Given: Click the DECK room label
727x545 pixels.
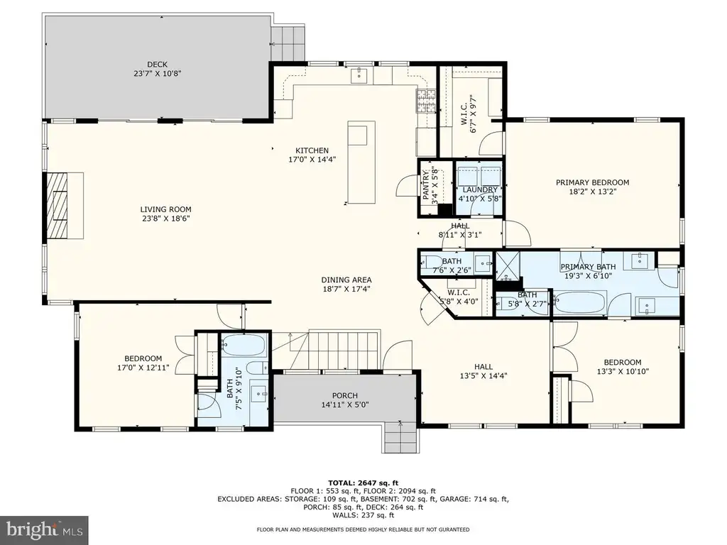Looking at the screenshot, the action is (157, 65).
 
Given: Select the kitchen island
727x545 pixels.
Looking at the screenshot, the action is (361, 163).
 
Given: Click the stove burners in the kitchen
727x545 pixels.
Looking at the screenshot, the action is (426, 101).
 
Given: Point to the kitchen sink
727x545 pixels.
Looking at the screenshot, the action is (359, 75).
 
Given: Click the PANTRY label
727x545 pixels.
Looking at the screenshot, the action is (425, 185).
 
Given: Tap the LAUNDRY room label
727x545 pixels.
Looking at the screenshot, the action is (480, 189).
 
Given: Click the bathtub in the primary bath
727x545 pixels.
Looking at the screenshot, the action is (579, 302).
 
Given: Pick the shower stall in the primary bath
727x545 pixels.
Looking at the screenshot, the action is (508, 266).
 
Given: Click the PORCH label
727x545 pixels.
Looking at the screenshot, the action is (345, 395).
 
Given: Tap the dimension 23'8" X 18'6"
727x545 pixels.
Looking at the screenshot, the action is (166, 219).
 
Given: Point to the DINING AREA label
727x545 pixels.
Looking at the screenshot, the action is (346, 280).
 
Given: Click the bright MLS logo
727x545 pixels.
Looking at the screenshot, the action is (45, 529).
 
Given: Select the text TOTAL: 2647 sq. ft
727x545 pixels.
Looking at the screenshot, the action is (363, 483).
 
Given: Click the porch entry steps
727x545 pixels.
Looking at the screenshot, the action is (400, 439).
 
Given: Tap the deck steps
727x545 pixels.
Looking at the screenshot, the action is (288, 43).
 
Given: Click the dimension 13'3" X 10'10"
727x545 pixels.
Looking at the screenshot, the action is (623, 370).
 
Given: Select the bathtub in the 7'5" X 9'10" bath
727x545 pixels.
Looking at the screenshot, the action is (244, 346).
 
